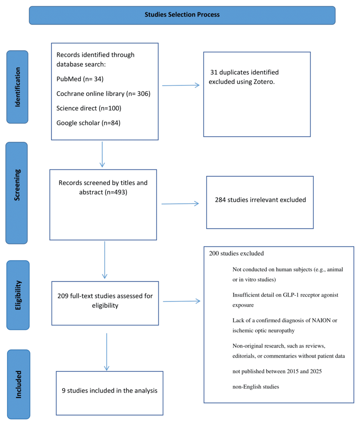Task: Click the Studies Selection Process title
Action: pos(182,15)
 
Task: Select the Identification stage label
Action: pos(17,87)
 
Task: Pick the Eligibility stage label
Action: pos(17,295)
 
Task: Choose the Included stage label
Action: pos(19,384)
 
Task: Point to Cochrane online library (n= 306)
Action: pos(103,94)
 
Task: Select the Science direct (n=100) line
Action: pos(89,108)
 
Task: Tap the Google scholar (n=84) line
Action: pos(88,123)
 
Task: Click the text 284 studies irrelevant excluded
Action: pos(261,200)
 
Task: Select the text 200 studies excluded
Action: pos(236,253)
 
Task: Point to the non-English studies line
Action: pos(256,387)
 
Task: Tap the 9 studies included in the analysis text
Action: pos(110,391)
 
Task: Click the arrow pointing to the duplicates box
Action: pos(181,85)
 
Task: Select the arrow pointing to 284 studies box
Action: pos(180,204)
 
